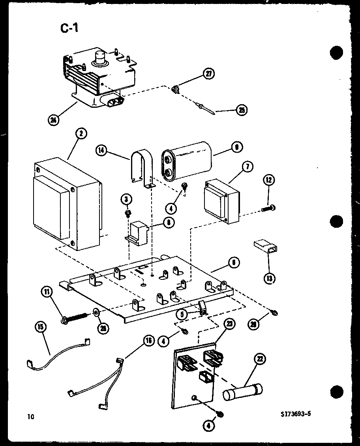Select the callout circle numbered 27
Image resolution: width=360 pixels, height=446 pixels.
click(x=209, y=74)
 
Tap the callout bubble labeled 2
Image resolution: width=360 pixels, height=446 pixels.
click(x=80, y=134)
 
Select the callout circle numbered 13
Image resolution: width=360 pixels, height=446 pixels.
click(x=270, y=279)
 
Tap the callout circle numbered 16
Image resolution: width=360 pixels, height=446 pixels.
click(x=148, y=341)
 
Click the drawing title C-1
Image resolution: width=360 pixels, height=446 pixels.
click(x=69, y=29)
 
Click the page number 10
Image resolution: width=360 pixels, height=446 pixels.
click(x=30, y=416)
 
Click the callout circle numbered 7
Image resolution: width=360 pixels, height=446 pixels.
click(x=247, y=166)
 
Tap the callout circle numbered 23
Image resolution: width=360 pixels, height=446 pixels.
click(x=230, y=324)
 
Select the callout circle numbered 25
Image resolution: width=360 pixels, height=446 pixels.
click(x=242, y=110)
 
